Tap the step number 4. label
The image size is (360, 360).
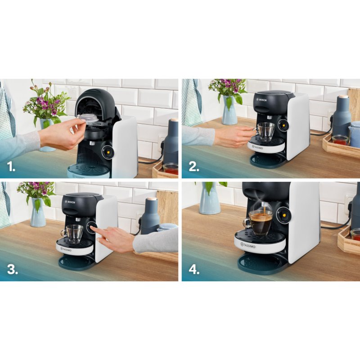point(194,270)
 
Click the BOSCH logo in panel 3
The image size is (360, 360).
point(71,202)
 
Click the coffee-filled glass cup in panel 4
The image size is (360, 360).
point(260,223)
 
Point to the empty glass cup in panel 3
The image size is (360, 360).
point(73,233)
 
